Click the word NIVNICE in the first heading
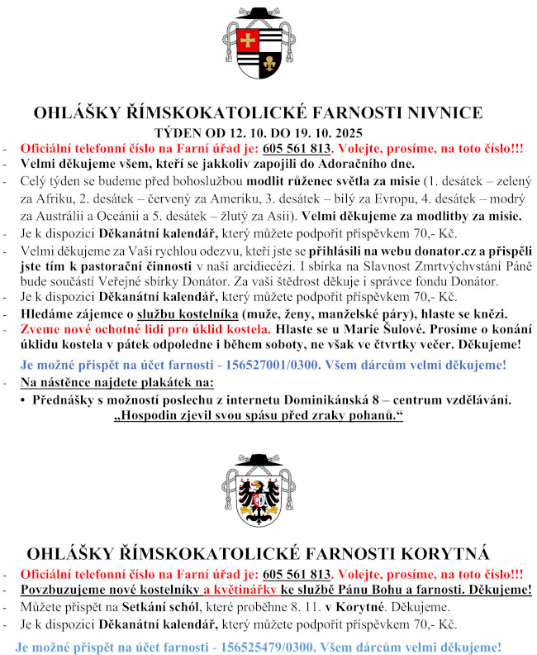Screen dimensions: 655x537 [x=447, y=114]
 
